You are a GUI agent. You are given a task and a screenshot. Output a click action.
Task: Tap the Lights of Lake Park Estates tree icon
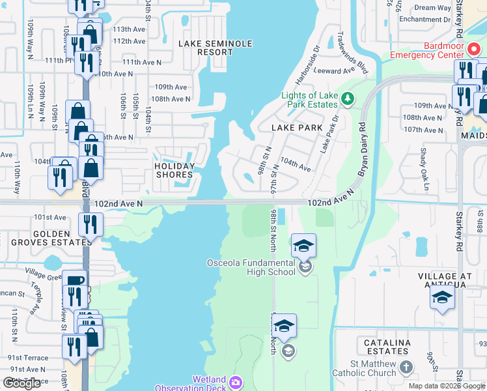click(348, 98)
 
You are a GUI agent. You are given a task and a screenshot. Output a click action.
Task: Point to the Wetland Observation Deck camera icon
click(236, 381)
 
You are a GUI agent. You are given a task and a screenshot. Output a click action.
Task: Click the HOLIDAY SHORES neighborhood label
click(174, 170)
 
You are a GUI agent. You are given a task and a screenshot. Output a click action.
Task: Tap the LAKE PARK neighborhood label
click(297, 128)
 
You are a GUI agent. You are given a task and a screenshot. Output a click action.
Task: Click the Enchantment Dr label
click(425, 20)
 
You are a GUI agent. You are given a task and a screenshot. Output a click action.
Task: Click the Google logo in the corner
click(22, 383)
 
